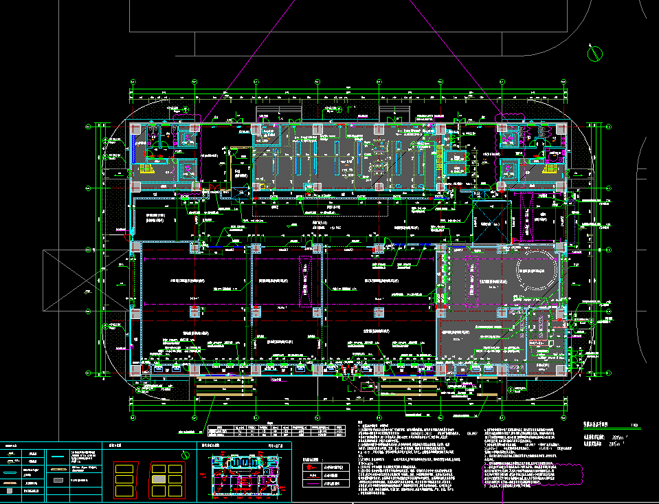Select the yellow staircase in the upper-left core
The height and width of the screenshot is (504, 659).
146,169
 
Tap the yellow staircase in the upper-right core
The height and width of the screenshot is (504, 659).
550,169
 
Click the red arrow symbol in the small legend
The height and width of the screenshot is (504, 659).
312,467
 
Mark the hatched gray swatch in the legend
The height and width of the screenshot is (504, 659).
12,483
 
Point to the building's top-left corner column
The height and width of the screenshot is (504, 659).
135,129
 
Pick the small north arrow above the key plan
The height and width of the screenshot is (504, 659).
184,454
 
